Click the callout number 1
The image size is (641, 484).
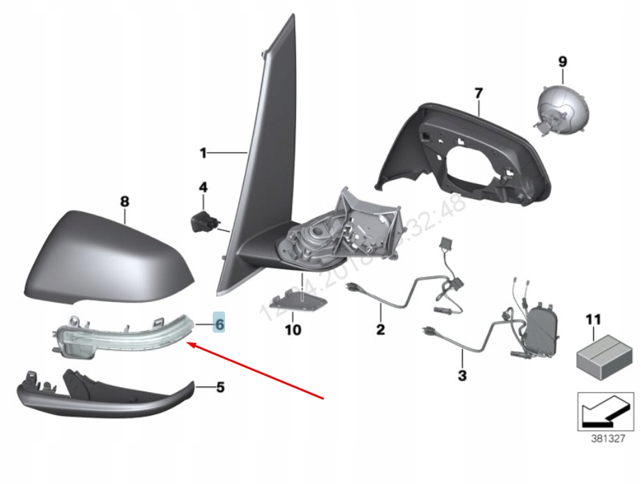pyautogui.click(x=203, y=153)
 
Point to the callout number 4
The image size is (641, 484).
pyautogui.click(x=203, y=187)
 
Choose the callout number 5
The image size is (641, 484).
pyautogui.click(x=220, y=387)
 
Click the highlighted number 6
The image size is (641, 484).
pyautogui.click(x=219, y=324)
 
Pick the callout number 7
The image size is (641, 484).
pyautogui.click(x=478, y=92)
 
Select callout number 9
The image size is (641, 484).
pyautogui.click(x=563, y=61)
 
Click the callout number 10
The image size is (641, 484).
pyautogui.click(x=293, y=331)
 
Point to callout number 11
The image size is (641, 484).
pyautogui.click(x=593, y=318)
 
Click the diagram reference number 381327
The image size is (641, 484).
pyautogui.click(x=607, y=439)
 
